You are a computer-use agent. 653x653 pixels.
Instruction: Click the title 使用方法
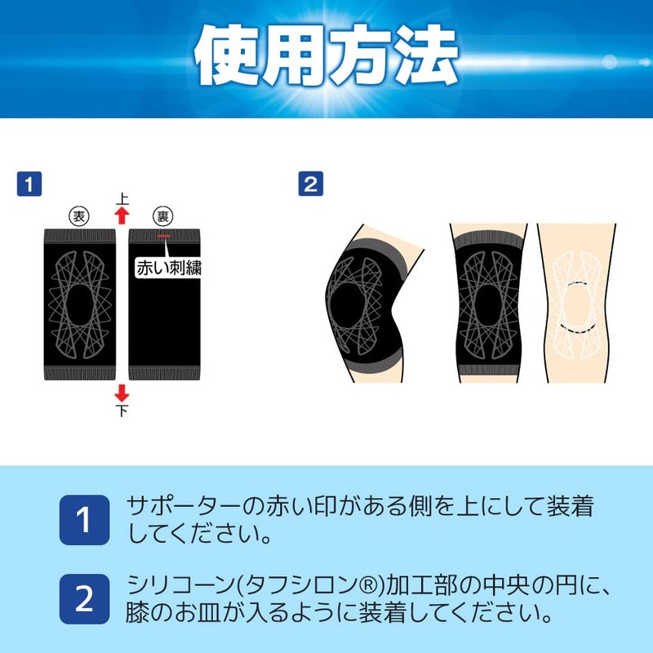[326, 57]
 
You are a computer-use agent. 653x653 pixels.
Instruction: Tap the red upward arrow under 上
[122, 215]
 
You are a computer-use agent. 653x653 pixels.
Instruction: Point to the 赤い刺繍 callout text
[168, 268]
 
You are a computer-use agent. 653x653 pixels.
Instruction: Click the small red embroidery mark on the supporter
[164, 237]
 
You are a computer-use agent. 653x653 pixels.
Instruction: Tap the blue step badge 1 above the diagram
[29, 184]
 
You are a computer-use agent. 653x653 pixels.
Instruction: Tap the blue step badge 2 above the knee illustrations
[310, 184]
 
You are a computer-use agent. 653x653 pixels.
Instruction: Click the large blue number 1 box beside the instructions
[84, 520]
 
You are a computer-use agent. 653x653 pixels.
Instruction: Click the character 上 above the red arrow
[122, 198]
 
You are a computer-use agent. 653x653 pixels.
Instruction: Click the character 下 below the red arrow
[122, 411]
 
